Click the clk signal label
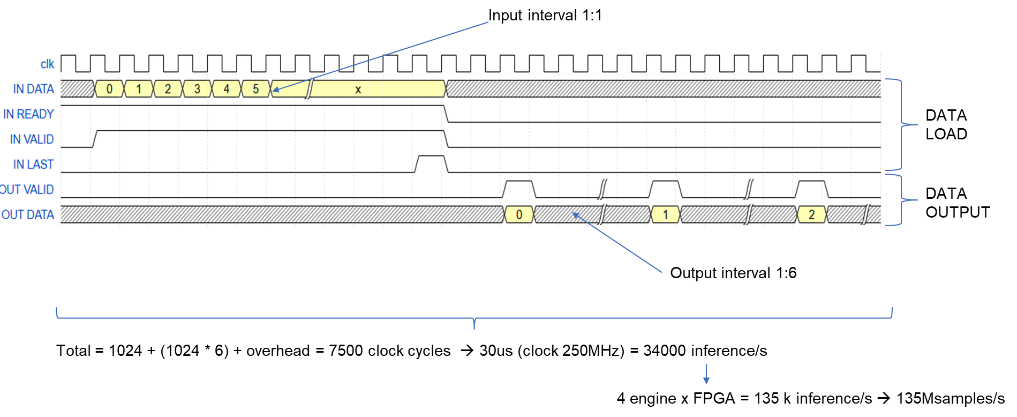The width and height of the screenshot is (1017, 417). [47, 64]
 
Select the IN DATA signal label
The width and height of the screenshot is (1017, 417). [33, 89]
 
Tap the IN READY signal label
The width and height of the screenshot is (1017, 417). [28, 114]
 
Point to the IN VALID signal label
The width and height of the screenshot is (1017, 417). [32, 139]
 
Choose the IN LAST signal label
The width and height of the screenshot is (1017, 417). [33, 165]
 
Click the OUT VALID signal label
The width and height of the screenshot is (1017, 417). [27, 190]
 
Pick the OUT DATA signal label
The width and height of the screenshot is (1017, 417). [28, 215]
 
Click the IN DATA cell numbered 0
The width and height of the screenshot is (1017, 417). [109, 89]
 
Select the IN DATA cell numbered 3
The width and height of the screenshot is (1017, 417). [197, 89]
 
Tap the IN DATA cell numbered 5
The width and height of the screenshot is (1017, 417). [255, 89]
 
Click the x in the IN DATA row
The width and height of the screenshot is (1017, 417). [358, 90]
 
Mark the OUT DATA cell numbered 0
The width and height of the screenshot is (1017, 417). [519, 215]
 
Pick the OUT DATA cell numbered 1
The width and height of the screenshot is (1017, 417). [665, 215]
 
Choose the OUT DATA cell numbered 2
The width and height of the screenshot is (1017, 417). [811, 215]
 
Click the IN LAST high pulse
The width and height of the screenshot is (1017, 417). [431, 161]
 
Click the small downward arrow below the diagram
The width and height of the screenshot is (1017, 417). [706, 375]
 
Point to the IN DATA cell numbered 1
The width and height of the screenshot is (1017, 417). [139, 89]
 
